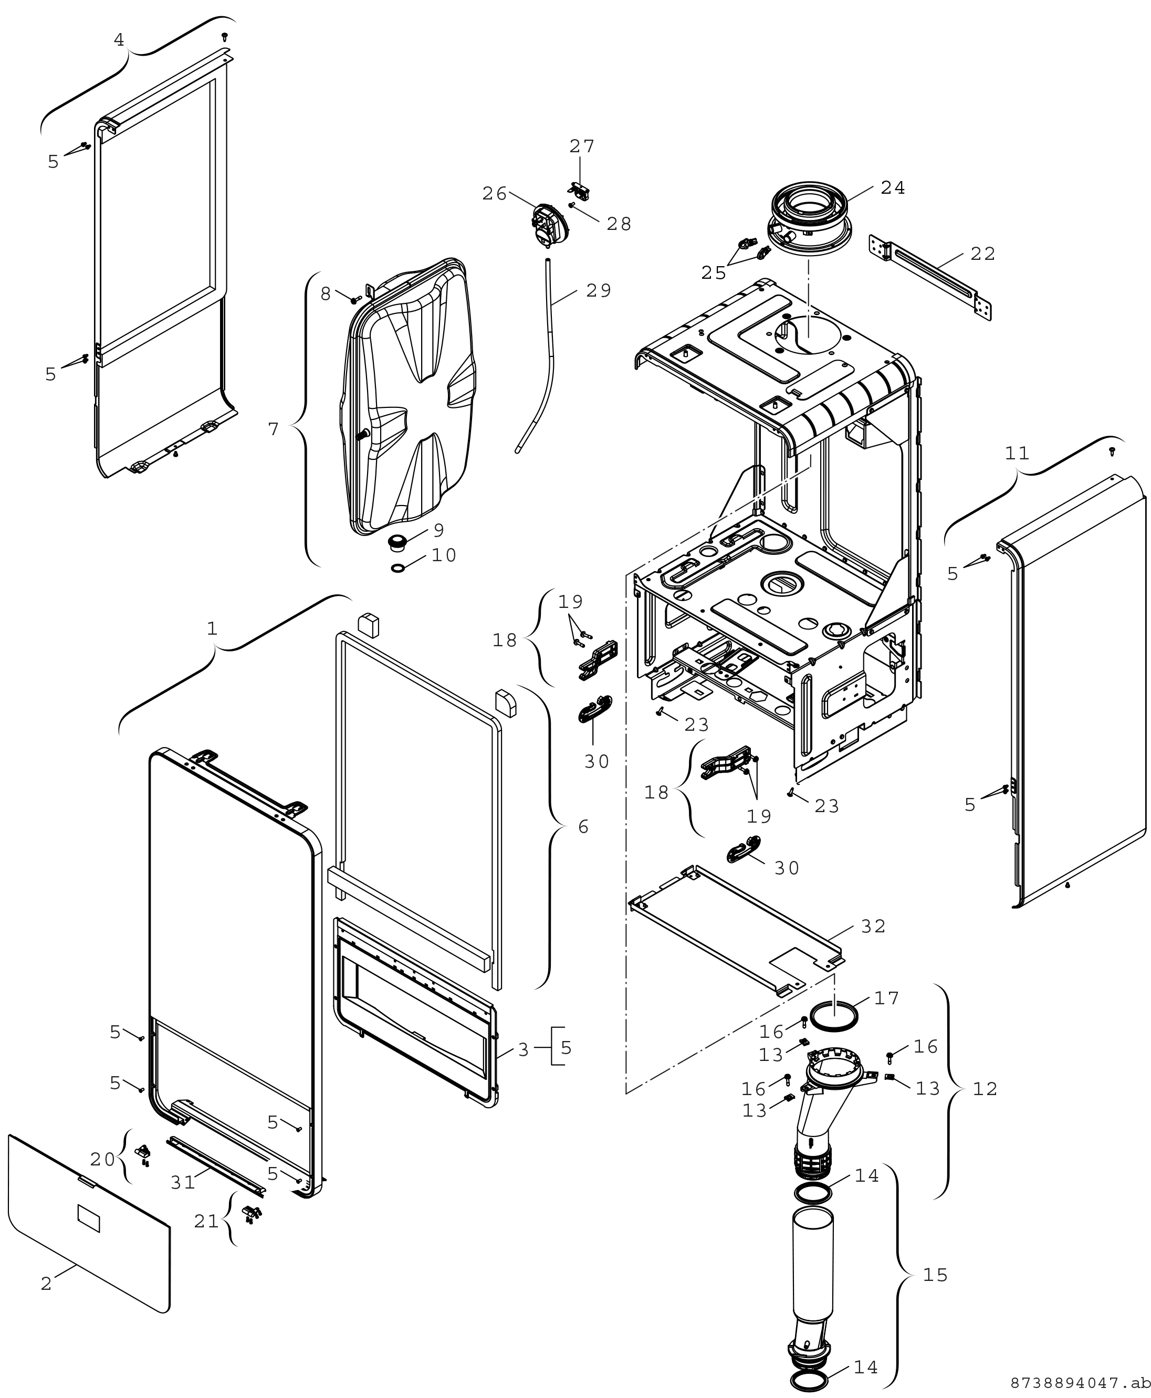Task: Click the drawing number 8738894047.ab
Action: pos(1080,1383)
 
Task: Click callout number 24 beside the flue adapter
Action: pos(893,188)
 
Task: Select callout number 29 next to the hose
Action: pos(599,290)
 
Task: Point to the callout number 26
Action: pos(495,194)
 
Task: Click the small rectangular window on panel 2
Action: pos(89,1218)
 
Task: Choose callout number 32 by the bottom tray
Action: pos(873,927)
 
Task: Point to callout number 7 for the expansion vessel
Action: pos(274,429)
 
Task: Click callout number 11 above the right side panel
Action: pos(1017,454)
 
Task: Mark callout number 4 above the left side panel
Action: pos(119,40)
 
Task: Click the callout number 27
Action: pos(582,146)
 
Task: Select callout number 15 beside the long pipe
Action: pos(936,1275)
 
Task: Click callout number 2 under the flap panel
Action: pos(46,1284)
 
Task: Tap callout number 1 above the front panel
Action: pos(212,628)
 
